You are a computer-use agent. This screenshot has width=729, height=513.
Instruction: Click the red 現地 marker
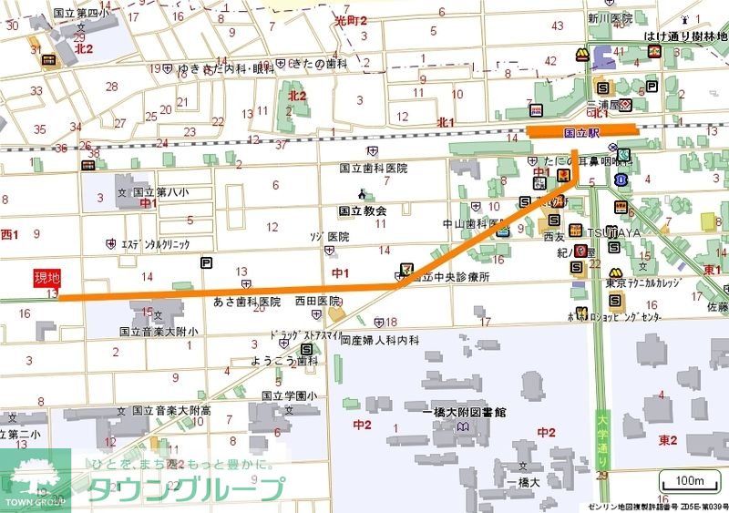click(x=46, y=278)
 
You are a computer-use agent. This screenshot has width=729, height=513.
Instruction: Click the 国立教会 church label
click(x=363, y=210)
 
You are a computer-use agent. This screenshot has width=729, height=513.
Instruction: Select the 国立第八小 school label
click(x=159, y=192)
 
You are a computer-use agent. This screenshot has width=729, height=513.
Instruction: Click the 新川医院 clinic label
click(x=610, y=18)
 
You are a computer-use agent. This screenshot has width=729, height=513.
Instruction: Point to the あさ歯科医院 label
click(x=246, y=301)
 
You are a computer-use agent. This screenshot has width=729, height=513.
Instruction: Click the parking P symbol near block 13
click(x=207, y=263)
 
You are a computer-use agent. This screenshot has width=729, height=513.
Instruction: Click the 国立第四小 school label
click(x=80, y=14)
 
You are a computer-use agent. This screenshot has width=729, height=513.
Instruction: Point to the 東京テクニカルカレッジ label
click(x=642, y=283)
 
